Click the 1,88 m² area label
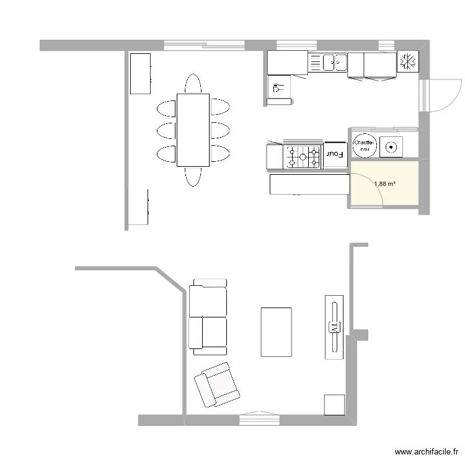(384, 184)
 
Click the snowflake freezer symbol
(409, 61)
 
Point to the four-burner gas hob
(303, 156)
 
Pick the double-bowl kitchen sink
(335, 62)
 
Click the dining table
(193, 130)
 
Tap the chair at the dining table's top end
(193, 84)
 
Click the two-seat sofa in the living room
(208, 317)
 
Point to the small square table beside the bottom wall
(334, 404)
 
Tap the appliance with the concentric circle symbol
(391, 147)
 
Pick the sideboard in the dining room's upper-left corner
(140, 73)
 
